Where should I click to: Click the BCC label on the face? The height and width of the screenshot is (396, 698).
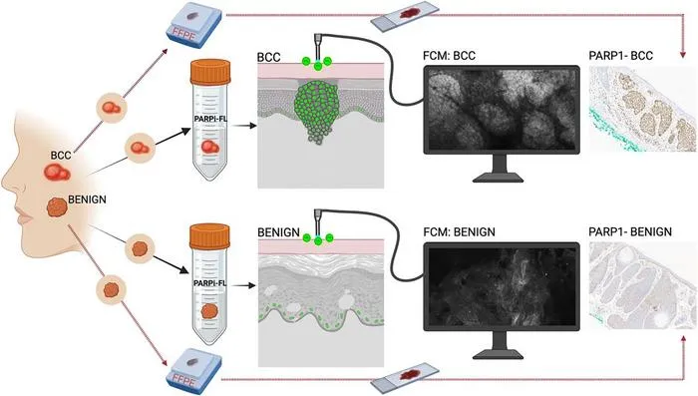click(61, 156)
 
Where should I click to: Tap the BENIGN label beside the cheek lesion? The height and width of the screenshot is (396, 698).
click(88, 199)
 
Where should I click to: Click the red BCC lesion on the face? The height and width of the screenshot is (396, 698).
click(57, 172)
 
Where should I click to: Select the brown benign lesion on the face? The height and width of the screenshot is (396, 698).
click(57, 207)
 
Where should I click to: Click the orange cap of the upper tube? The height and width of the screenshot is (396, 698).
click(210, 72)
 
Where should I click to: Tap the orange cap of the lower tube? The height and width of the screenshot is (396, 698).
click(209, 236)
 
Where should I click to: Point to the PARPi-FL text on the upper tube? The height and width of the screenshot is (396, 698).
click(210, 119)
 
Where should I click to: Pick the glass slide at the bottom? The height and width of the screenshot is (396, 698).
click(404, 378)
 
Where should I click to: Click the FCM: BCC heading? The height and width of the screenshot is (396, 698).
click(449, 56)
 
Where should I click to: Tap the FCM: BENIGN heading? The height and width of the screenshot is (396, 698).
click(459, 232)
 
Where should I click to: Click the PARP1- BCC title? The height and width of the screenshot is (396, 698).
click(620, 56)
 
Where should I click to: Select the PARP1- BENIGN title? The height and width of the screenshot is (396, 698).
click(630, 232)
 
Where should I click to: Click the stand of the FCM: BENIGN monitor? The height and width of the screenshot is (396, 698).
click(499, 345)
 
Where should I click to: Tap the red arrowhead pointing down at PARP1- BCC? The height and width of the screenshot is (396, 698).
click(683, 55)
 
